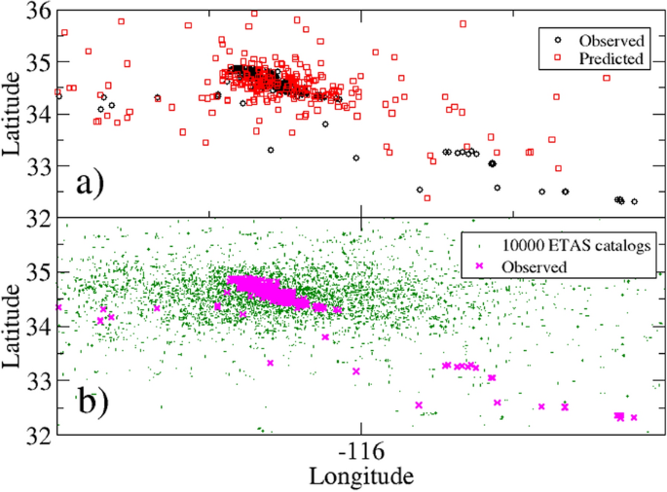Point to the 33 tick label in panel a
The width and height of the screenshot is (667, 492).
click(x=39, y=166)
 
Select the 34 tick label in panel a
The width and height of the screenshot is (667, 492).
click(x=39, y=114)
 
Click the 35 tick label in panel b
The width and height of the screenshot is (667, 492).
click(x=39, y=273)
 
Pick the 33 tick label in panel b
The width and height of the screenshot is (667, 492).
click(x=39, y=382)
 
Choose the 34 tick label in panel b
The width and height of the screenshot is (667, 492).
click(x=39, y=328)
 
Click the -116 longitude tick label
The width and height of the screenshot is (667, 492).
click(x=361, y=454)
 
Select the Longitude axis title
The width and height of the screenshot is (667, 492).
click(x=361, y=476)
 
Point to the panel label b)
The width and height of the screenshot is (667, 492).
click(x=101, y=401)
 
